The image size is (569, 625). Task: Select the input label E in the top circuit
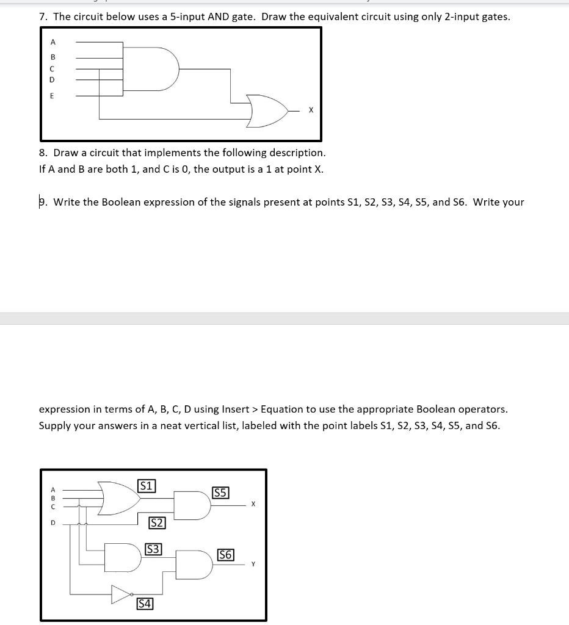click(x=52, y=95)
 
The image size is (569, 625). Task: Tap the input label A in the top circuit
click(x=53, y=42)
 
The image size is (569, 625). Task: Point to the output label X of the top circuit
click(x=311, y=111)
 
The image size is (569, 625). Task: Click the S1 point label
click(x=147, y=486)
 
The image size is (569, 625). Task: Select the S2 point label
click(x=157, y=522)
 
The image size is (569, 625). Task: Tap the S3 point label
click(x=153, y=549)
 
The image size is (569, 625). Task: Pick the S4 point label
click(x=144, y=604)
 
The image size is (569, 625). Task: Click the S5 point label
click(x=220, y=493)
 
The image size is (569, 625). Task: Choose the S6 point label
click(x=225, y=555)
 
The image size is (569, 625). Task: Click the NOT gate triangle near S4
click(x=121, y=593)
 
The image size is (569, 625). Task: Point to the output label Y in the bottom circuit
click(x=253, y=565)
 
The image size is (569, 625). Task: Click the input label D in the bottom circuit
click(x=53, y=522)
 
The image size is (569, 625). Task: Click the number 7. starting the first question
click(x=43, y=16)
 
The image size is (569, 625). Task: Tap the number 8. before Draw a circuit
click(x=43, y=153)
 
